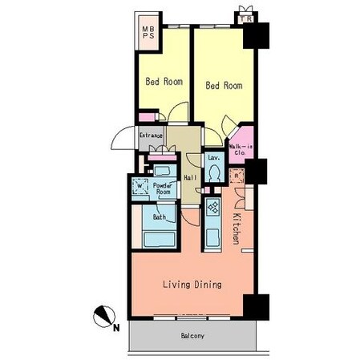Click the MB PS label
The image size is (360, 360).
point(148,32)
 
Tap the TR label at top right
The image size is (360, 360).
point(245,19)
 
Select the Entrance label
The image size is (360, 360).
point(151,136)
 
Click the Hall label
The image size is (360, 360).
point(191,177)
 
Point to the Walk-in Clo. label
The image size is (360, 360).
point(241,150)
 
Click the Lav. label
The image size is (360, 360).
point(214,157)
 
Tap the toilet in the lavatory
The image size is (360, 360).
point(214,173)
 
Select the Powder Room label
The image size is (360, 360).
point(163,188)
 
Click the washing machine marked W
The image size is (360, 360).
point(140,186)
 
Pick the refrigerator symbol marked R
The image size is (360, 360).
point(237,176)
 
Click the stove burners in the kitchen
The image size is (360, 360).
point(213,207)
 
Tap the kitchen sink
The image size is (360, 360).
point(213,237)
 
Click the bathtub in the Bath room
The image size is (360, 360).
point(160,240)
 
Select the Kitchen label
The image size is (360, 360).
point(236,229)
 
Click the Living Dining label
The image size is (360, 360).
point(192,285)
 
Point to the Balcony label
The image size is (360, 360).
point(192,336)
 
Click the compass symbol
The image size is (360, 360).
point(104,316)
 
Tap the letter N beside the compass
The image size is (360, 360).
point(116,328)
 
